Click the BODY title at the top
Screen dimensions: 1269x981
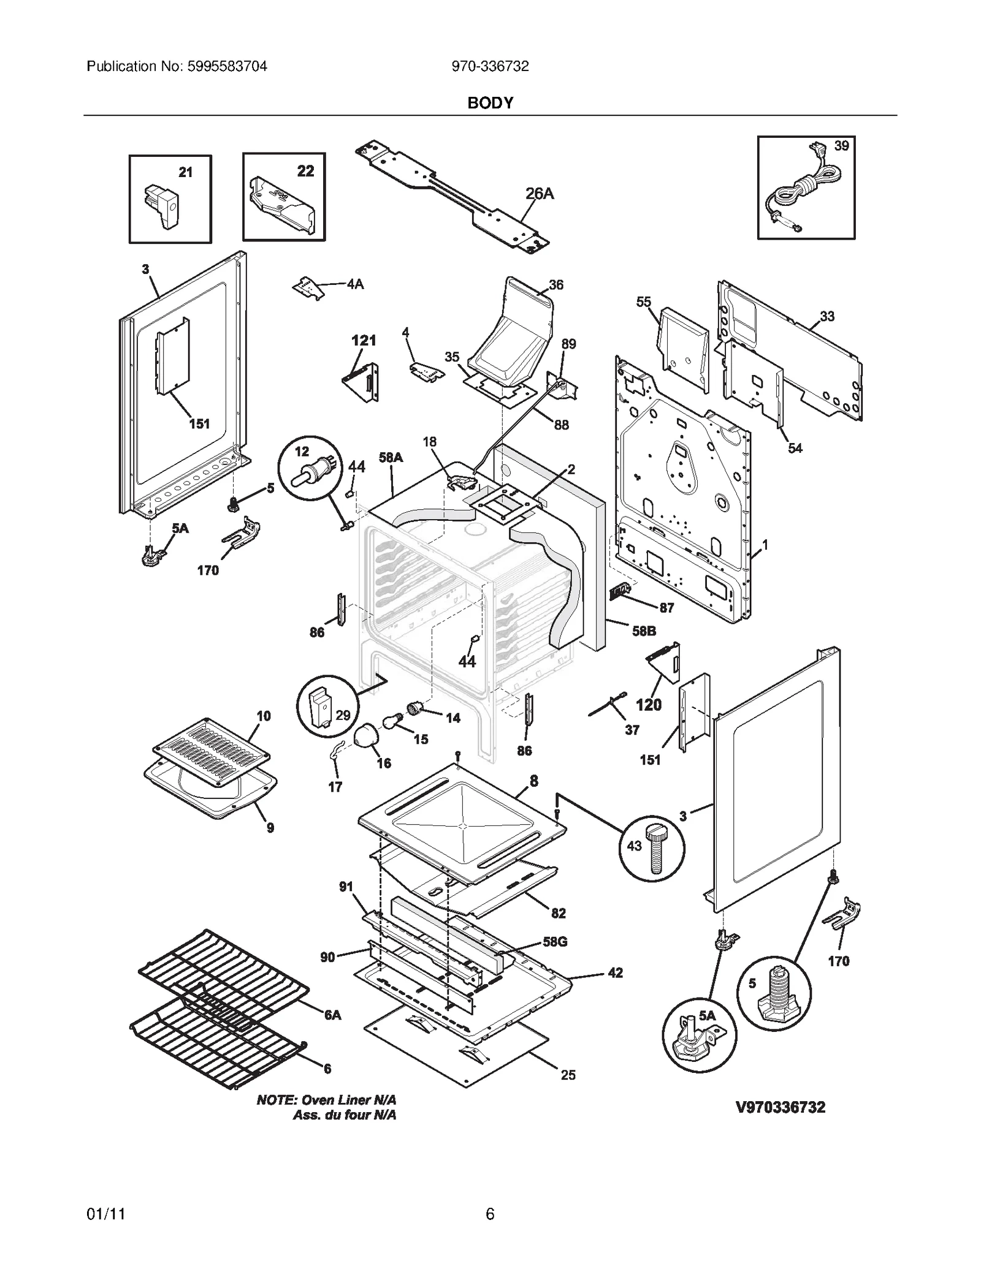(x=490, y=103)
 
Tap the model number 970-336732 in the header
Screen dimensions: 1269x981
(x=490, y=66)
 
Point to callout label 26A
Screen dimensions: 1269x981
(x=539, y=194)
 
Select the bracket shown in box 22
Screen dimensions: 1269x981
(x=281, y=205)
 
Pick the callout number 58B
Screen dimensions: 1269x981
(x=644, y=631)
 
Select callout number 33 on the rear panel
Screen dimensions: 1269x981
(x=826, y=316)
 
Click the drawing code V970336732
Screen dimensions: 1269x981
(x=780, y=1107)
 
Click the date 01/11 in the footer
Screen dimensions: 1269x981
(x=105, y=1213)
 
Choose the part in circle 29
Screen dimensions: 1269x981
(x=320, y=706)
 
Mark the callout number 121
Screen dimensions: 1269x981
(x=363, y=340)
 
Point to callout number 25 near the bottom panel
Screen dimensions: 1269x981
(x=568, y=1075)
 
